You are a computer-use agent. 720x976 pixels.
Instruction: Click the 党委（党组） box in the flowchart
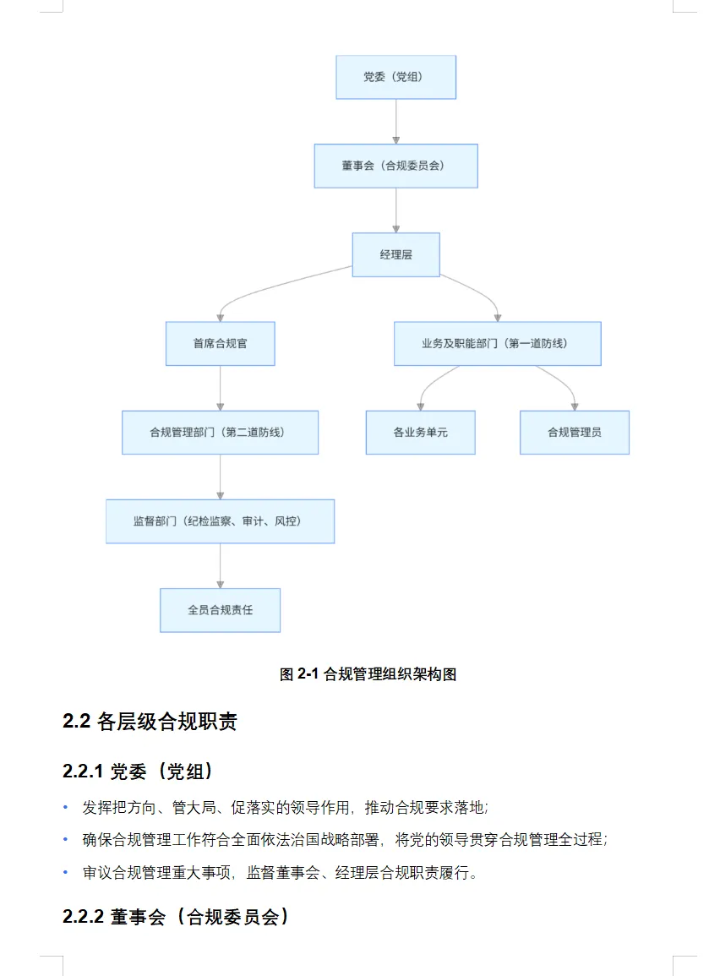point(395,78)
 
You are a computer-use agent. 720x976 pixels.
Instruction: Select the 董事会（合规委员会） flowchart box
point(395,166)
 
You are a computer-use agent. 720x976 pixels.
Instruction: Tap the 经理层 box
point(395,254)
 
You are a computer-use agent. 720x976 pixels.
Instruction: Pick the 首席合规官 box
point(220,343)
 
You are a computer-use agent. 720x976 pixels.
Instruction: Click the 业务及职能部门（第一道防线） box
point(497,343)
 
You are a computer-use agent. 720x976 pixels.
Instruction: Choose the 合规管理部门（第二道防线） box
point(220,433)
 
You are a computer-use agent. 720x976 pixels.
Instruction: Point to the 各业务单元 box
point(420,433)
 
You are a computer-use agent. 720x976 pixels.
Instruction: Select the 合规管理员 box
point(574,433)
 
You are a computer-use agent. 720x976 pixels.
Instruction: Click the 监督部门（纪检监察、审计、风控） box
point(220,521)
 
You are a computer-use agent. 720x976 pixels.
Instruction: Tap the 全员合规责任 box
point(220,610)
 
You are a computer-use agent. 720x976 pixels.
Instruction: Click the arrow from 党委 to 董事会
point(395,121)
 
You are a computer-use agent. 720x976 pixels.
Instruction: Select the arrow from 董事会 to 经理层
point(395,210)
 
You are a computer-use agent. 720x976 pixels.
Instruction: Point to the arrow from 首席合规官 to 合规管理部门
point(220,388)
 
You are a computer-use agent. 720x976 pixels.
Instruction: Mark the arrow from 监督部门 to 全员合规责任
point(220,565)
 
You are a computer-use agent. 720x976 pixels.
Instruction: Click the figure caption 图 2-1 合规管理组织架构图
point(368,674)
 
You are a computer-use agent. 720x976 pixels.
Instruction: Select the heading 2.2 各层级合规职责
point(150,722)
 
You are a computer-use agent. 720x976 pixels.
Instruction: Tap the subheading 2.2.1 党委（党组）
point(137,772)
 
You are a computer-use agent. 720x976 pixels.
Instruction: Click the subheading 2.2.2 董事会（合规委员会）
point(176,917)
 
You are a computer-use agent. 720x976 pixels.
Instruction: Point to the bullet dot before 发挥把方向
point(65,807)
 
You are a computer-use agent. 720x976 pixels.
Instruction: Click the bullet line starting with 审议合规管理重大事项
point(280,873)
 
